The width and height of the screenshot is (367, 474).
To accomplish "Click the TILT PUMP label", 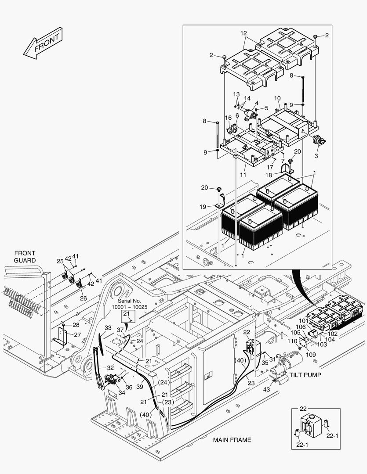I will tap(305, 375).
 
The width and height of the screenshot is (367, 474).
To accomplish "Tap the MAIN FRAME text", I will tap(232, 440).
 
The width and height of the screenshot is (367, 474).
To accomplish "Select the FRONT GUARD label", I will tap(25, 257).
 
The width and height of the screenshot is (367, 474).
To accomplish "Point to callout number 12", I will tap(244, 33).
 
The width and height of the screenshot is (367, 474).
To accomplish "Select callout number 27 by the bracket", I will tap(77, 334).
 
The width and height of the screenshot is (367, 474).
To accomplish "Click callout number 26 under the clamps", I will tap(83, 298).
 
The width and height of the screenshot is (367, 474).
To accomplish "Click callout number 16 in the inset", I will tap(228, 118).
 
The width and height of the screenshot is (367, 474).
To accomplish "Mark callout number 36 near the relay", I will tap(129, 387).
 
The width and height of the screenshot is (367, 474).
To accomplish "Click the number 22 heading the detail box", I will tap(304, 409).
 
